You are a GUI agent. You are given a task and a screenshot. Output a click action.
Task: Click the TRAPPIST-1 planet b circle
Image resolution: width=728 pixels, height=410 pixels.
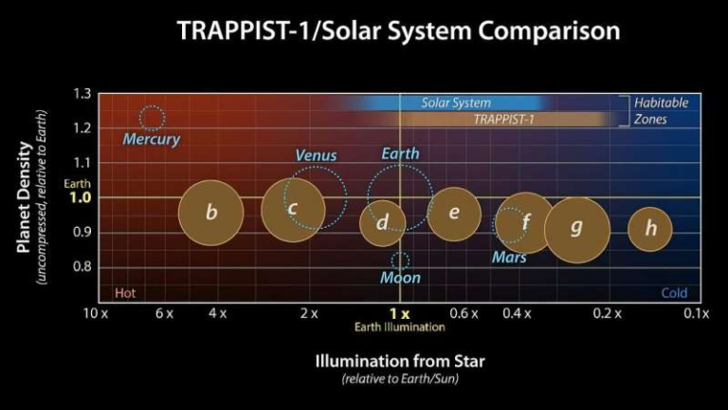(211, 213)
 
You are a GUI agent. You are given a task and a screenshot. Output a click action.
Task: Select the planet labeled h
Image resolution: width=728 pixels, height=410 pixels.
(650, 228)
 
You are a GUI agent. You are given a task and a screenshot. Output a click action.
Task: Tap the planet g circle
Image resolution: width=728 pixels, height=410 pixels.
(576, 229)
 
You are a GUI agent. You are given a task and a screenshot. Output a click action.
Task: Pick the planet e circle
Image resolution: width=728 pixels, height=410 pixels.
(454, 213)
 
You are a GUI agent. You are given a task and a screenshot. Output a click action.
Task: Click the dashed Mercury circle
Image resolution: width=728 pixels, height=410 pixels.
(152, 118)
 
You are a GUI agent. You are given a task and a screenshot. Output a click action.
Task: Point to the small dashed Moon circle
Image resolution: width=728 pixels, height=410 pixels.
(400, 260)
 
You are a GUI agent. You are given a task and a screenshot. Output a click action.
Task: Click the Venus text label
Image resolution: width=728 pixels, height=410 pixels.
(316, 156)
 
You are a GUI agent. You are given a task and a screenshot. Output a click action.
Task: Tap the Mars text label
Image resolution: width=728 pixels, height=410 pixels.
(509, 257)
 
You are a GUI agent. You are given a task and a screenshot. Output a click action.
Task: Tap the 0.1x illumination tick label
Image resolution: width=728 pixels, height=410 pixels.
(696, 313)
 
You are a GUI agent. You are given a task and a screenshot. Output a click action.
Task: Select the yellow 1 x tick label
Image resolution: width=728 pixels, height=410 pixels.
(399, 313)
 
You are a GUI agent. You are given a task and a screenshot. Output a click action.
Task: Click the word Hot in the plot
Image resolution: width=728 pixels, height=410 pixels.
(125, 293)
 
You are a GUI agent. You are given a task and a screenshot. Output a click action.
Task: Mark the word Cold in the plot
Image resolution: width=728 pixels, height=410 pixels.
(674, 293)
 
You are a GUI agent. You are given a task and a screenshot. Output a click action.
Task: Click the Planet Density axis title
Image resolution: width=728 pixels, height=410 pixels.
(25, 197)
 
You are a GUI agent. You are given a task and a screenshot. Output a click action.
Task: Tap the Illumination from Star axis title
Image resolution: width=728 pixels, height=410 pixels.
(400, 362)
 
